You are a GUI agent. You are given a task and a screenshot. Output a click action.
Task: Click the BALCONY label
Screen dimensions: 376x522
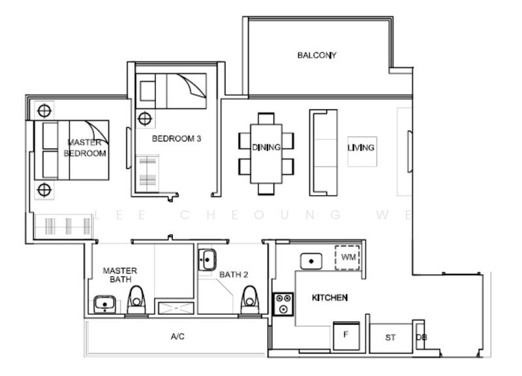click(x=316, y=55)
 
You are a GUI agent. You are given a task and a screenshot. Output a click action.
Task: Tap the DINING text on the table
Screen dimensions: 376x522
click(x=266, y=148)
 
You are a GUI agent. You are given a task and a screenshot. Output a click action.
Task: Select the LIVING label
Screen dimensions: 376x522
click(x=361, y=148)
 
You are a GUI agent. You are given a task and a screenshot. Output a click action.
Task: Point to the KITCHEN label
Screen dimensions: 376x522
click(x=330, y=298)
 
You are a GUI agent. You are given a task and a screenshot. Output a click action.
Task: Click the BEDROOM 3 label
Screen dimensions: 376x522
click(x=172, y=138)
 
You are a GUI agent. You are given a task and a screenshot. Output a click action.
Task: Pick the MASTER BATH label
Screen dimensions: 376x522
click(x=120, y=275)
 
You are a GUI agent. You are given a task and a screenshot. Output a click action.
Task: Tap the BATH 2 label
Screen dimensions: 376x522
click(x=234, y=275)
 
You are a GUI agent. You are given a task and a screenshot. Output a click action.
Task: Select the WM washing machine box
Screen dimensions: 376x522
click(x=348, y=258)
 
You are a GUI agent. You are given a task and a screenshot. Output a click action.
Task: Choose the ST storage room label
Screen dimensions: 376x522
click(x=390, y=337)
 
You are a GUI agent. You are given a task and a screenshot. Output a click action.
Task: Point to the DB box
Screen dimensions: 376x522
click(x=421, y=337)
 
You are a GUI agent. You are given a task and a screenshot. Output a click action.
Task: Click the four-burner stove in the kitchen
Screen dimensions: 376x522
click(x=284, y=304)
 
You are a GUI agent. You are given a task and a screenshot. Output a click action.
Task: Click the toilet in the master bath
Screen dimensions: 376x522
click(x=136, y=302)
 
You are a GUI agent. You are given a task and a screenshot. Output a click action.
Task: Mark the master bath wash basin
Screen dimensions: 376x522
click(x=105, y=304)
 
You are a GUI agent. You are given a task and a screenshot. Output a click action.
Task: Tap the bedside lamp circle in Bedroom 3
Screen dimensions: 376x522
click(x=145, y=119)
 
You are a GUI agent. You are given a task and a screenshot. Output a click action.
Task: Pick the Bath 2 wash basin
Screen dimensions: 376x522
click(x=207, y=260)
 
